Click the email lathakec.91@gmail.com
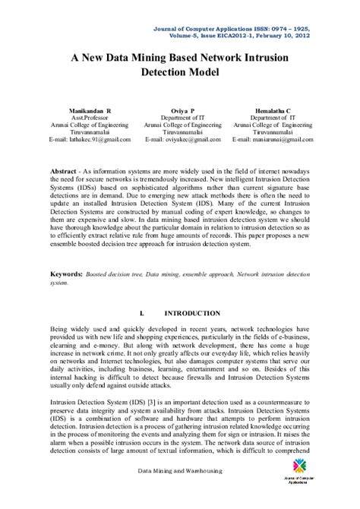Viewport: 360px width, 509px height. pyautogui.click(x=90, y=140)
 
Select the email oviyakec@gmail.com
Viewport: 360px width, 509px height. pyautogui.click(x=181, y=140)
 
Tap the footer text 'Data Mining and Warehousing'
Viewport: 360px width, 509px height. pyautogui.click(x=179, y=493)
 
